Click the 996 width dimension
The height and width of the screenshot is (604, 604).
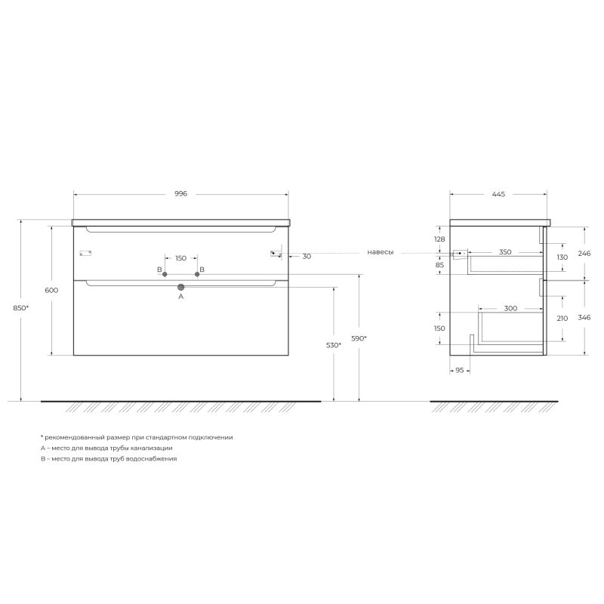180,194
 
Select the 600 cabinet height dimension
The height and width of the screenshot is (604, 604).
52,291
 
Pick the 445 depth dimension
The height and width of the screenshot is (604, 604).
498,194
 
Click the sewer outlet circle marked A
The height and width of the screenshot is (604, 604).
180,288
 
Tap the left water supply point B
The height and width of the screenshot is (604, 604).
165,274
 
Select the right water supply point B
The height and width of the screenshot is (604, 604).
197,274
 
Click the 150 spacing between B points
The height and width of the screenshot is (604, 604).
180,258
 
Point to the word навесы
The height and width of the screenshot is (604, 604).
381,252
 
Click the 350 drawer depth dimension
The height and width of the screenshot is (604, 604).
505,252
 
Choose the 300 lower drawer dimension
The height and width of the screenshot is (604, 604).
510,308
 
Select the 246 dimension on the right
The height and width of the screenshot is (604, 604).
584,253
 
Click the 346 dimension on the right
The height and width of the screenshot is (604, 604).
584,317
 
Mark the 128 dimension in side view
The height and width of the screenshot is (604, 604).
439,239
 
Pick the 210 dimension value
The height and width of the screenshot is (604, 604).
561,319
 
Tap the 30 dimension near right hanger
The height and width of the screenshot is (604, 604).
307,257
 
